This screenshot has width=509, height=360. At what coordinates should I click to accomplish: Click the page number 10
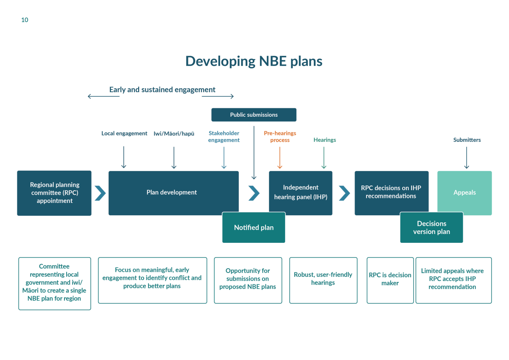coord(25,20)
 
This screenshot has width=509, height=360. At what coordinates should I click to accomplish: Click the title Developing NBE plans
coord(254,61)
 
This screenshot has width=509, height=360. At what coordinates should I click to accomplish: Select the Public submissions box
coord(254,115)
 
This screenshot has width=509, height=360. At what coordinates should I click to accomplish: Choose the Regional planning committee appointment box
coord(54,193)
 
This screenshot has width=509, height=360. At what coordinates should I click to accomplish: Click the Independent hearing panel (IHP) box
coord(300,192)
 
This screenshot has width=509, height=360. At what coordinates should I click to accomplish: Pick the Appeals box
coord(464,192)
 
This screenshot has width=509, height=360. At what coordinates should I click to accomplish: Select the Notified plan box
coord(254,228)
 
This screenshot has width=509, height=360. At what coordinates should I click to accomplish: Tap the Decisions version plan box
coord(431,228)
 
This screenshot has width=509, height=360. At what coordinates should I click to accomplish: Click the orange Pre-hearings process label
coord(280,136)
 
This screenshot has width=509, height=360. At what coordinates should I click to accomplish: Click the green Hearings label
coord(324,140)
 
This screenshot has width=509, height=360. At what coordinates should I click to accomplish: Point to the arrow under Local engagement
coord(124,157)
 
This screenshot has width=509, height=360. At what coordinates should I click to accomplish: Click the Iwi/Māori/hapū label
coord(174,133)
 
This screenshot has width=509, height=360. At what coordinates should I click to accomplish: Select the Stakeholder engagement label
coord(224,136)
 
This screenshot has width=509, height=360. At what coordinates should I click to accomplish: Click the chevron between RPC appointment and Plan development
coord(100,193)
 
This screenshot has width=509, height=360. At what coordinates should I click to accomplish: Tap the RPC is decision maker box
coord(390,279)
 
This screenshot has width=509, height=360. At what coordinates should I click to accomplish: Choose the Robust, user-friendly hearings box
coord(323,279)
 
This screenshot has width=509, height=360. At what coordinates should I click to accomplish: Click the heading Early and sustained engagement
coord(162,90)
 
